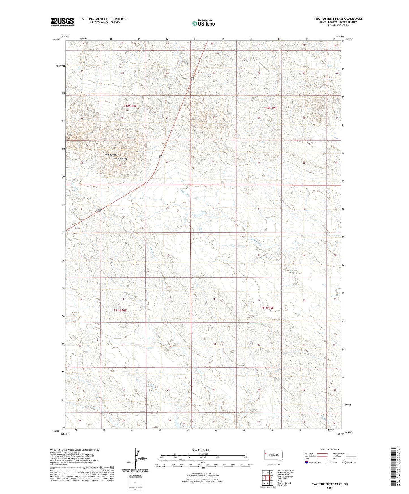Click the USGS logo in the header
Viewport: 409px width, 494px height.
pos(62,22)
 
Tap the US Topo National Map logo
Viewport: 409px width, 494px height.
pos(203,23)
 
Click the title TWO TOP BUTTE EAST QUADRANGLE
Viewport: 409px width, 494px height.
pos(338,19)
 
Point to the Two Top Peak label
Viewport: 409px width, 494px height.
pos(111,154)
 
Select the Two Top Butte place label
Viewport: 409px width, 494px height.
pos(120,159)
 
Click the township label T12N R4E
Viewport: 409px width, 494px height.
pos(130,106)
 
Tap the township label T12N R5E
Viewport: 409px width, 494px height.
pos(271,108)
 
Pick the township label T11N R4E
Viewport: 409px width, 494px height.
pos(120,310)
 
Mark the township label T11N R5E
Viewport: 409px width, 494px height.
pos(267,308)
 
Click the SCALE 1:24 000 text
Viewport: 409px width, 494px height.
pos(201,450)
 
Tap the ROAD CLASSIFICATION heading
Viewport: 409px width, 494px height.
pos(330,450)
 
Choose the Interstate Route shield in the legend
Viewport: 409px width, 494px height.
pos(307,462)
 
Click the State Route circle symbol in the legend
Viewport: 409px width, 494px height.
pos(344,462)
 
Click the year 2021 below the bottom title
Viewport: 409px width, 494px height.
pos(329,488)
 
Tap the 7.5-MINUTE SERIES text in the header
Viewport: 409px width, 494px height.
pos(338,25)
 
